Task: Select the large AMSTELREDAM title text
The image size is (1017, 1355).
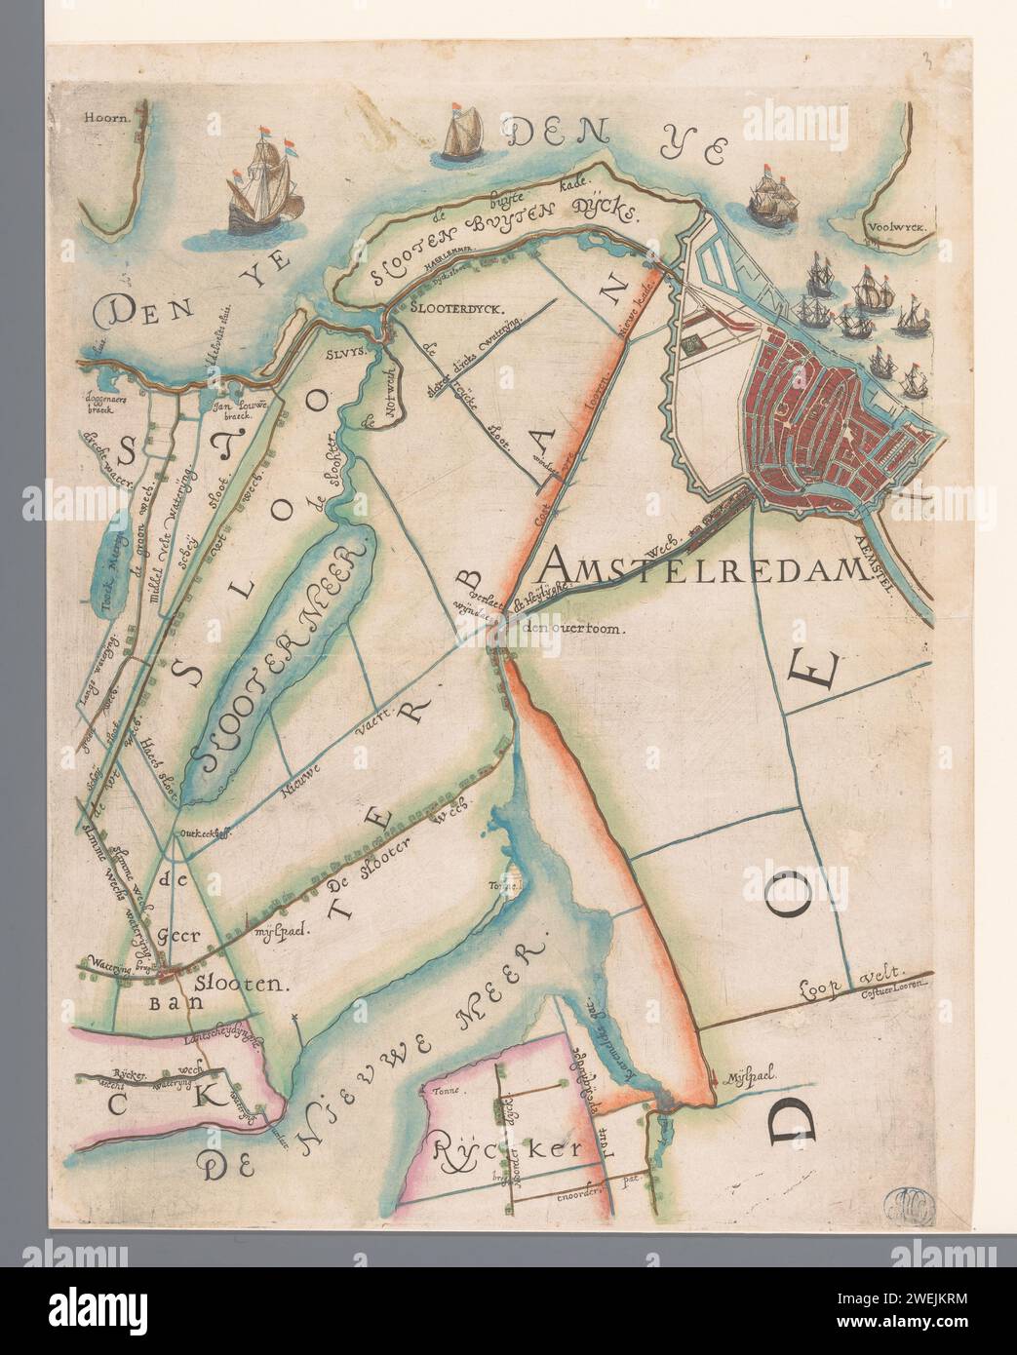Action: click(x=701, y=563)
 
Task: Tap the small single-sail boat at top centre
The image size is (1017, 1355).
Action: click(x=464, y=135)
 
